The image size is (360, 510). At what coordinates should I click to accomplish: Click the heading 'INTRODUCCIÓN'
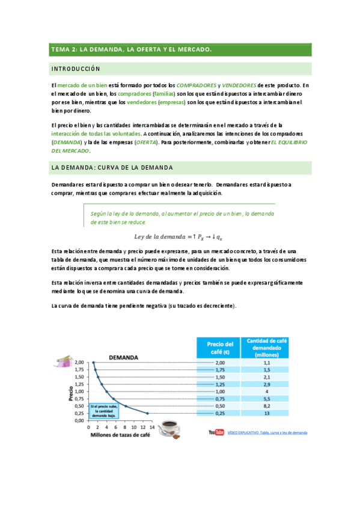click(x=76, y=69)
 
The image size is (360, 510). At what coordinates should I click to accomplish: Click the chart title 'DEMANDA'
click(x=123, y=357)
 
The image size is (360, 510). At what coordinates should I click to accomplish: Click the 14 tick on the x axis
click(x=152, y=426)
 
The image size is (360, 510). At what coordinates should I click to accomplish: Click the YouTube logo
click(x=216, y=432)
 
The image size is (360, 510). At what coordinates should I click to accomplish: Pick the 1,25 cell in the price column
click(x=219, y=384)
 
